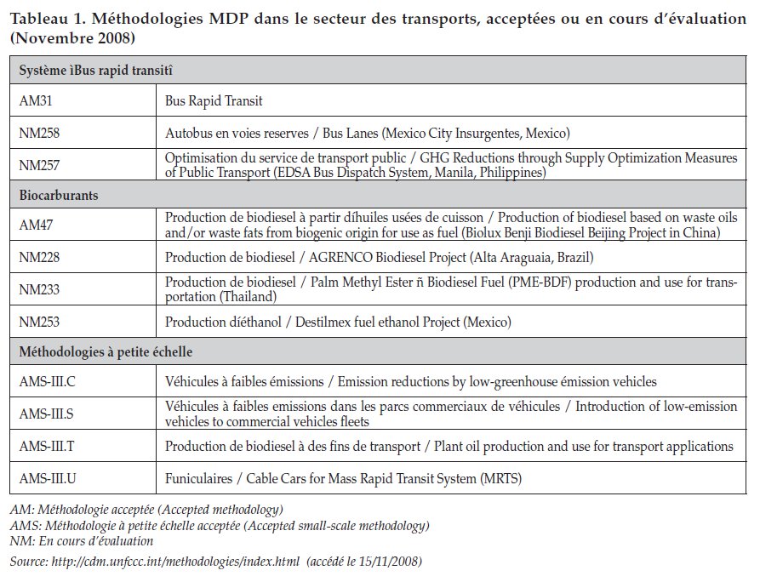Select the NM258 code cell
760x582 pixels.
39,133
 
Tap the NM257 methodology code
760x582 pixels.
39,165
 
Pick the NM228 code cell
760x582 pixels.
39,258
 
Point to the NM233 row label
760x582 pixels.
39,290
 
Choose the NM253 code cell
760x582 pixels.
39,322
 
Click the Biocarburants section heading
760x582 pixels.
59,195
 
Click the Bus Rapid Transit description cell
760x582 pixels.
214,100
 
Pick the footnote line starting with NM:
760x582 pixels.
82,540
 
